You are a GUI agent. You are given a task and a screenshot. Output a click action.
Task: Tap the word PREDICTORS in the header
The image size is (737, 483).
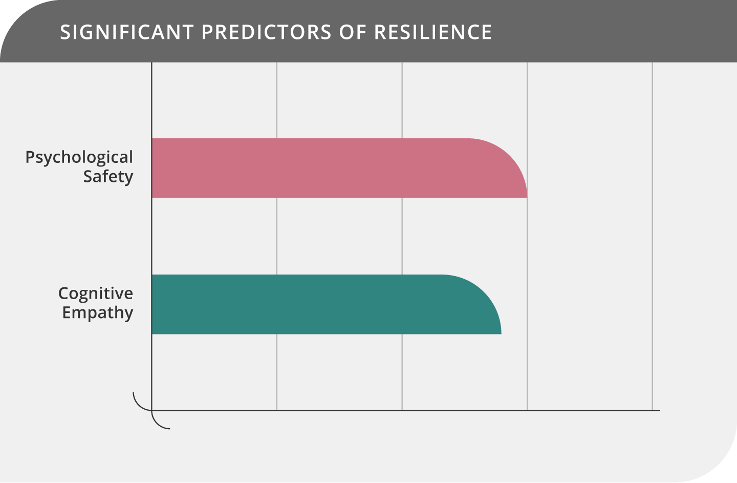[x=267, y=32]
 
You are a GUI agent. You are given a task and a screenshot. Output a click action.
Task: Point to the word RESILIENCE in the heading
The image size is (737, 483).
[x=433, y=32]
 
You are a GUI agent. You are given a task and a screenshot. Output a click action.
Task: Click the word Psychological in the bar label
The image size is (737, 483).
[x=79, y=157]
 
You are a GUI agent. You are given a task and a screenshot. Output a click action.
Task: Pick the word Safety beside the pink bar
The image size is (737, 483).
[x=108, y=177]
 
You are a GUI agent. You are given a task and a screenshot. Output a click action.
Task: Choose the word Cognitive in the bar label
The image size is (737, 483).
[x=96, y=293]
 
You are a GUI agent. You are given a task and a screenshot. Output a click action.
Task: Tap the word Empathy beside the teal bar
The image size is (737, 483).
[x=98, y=312]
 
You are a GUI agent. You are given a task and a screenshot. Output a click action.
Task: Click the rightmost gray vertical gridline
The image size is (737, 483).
[x=652, y=230]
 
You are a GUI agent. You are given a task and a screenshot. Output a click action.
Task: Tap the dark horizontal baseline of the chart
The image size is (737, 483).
[x=409, y=410]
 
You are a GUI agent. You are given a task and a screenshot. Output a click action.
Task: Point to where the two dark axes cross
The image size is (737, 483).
[x=152, y=410]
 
